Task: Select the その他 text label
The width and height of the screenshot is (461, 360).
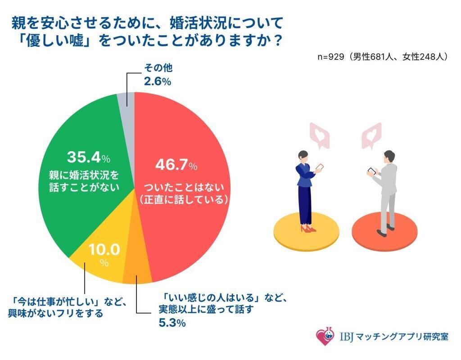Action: (158, 69)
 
